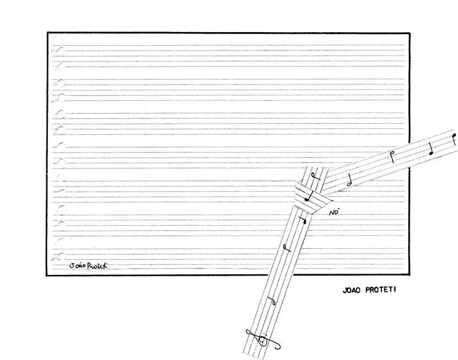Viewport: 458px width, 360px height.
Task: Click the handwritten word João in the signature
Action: point(77,265)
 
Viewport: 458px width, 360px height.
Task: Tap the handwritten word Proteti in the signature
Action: point(97,265)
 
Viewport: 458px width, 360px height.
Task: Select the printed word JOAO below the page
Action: point(352,290)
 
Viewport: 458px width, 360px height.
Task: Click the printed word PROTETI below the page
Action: point(380,290)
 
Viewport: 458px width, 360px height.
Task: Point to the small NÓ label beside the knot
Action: point(334,212)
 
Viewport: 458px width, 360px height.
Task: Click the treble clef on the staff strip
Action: point(262,340)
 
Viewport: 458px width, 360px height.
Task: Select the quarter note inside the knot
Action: point(309,196)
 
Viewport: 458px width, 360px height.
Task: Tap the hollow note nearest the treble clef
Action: point(272,300)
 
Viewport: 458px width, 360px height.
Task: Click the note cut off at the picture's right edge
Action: point(453,139)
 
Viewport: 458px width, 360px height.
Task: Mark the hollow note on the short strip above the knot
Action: point(315,175)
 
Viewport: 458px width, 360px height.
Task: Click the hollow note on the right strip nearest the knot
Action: point(349,180)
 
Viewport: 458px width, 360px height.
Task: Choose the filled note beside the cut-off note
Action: point(431,149)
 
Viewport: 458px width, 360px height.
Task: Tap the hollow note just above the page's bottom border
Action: point(287,248)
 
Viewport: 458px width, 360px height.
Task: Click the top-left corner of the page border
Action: point(48,33)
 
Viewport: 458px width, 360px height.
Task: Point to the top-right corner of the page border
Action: point(410,33)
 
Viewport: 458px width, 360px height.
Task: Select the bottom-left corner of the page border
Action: point(46,276)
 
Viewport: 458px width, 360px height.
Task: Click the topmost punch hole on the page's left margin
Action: point(60,49)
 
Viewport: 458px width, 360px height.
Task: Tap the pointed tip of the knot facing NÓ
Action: point(332,201)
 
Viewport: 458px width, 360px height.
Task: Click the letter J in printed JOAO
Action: point(345,291)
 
